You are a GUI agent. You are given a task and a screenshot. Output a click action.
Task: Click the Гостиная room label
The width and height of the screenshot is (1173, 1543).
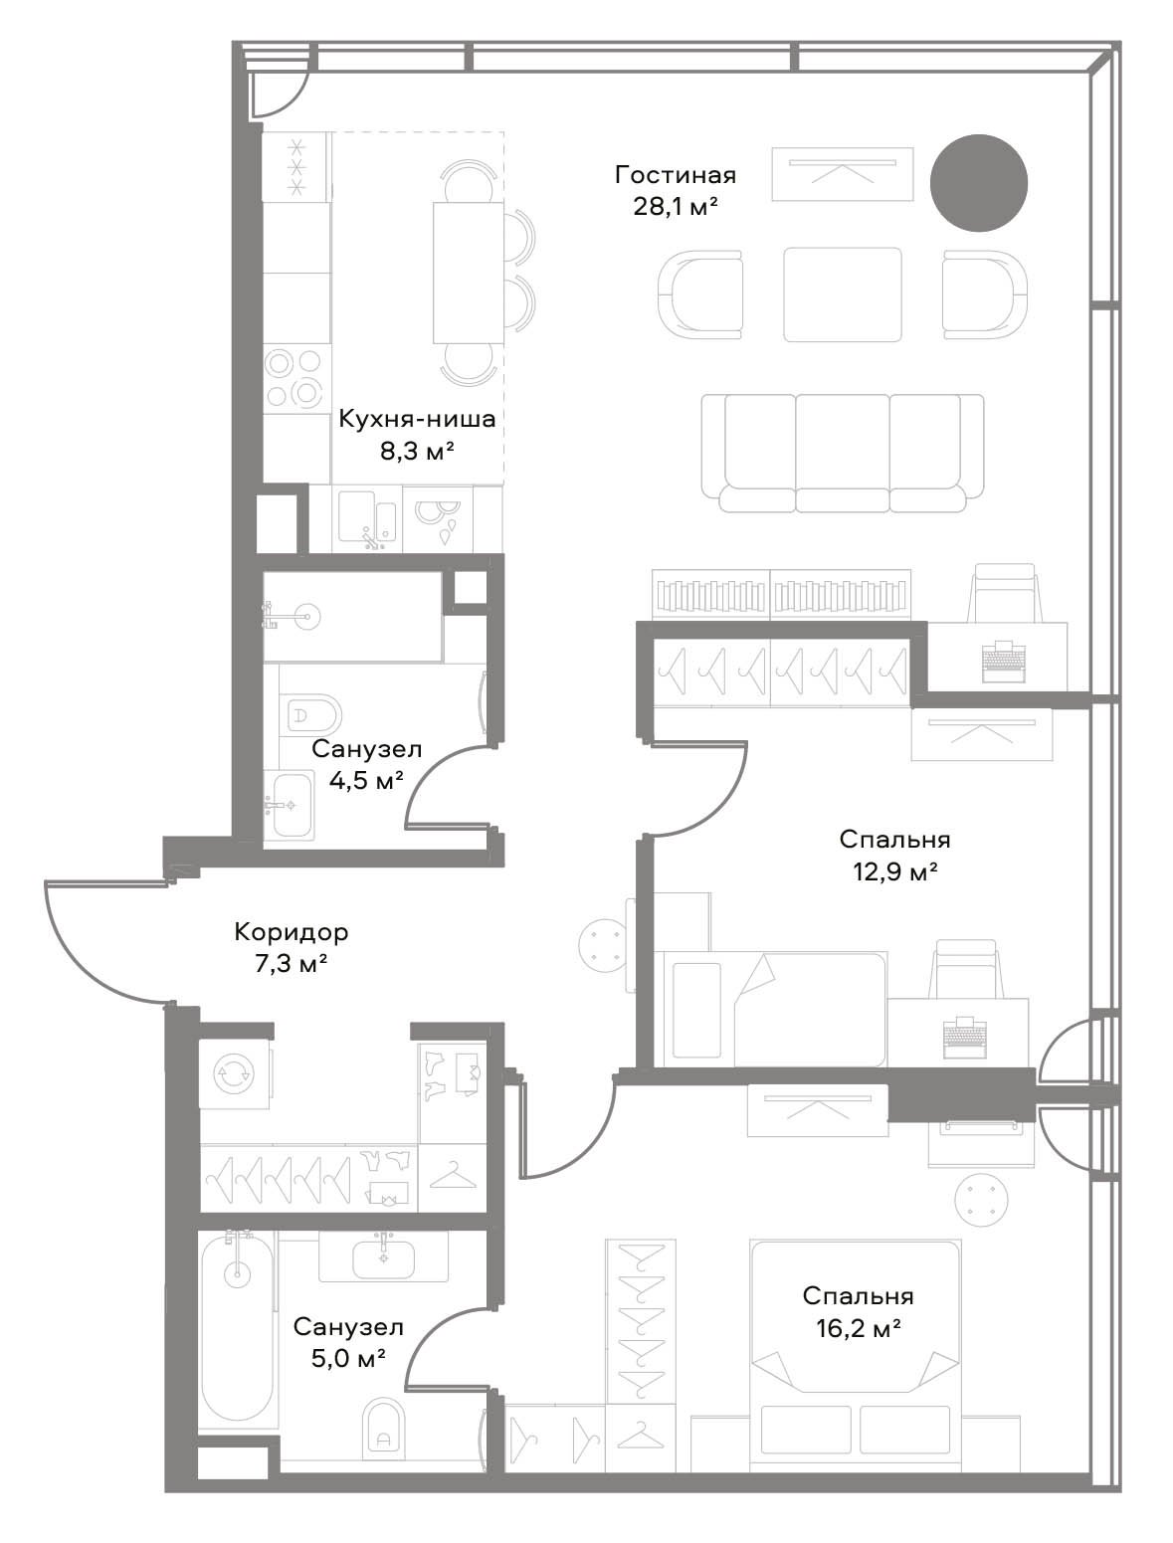(x=675, y=174)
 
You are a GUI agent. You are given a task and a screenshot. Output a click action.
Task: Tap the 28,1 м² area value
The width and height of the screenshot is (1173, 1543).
(x=675, y=207)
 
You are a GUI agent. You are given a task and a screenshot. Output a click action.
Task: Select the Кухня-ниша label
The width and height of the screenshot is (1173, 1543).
(x=417, y=419)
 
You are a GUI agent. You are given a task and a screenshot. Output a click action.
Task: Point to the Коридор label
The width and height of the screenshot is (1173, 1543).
(x=291, y=932)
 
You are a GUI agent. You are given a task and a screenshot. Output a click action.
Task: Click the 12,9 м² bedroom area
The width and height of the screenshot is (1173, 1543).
(x=894, y=871)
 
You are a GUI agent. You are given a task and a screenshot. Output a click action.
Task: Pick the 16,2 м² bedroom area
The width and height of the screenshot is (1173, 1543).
(x=859, y=1328)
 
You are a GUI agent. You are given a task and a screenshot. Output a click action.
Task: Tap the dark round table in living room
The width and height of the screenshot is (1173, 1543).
(x=979, y=183)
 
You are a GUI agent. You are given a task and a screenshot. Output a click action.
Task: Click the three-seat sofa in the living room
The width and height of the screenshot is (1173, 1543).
(x=843, y=453)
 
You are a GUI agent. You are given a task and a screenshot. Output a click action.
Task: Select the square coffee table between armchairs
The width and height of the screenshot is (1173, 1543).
(x=843, y=293)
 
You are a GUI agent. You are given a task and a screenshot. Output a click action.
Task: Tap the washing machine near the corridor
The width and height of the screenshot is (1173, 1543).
(x=234, y=1074)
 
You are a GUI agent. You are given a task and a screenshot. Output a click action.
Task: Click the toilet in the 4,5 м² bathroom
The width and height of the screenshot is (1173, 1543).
(x=313, y=715)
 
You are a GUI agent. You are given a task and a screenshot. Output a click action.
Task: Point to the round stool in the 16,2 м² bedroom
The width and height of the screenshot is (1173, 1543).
(x=981, y=1200)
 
